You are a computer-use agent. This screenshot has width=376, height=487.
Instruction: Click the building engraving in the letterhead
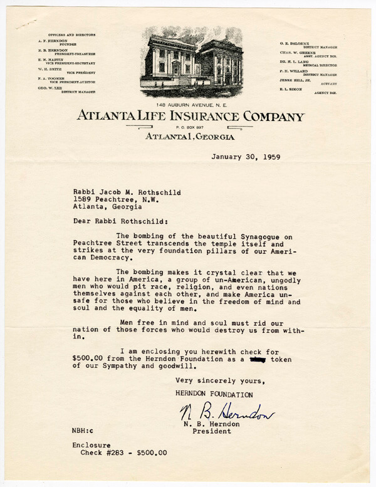click(191, 61)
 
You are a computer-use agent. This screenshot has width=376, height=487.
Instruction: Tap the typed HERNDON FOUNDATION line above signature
click(214, 395)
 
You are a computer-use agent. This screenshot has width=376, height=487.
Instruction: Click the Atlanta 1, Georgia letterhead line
click(190, 137)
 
